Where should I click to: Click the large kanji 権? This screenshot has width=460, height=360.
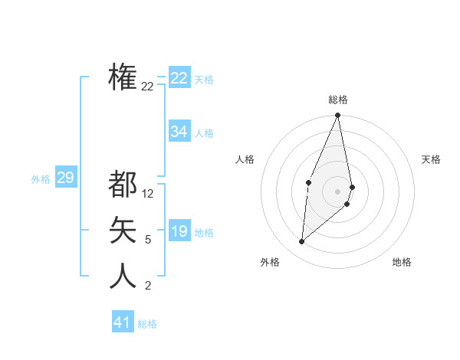tap(123, 77)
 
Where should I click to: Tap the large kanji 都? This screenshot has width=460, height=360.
tap(123, 184)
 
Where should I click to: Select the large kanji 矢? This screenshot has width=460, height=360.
tap(123, 230)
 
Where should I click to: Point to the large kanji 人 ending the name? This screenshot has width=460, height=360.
tap(123, 276)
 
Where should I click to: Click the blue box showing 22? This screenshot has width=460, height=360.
tap(179, 78)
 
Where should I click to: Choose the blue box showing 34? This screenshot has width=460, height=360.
tap(179, 132)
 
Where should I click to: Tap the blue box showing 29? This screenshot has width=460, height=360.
tap(65, 178)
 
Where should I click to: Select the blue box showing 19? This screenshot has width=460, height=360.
tap(179, 231)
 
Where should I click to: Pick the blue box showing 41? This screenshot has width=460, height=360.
tap(123, 322)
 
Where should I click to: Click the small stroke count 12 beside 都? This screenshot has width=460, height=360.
tap(148, 194)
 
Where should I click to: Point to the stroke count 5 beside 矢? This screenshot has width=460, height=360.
tap(148, 240)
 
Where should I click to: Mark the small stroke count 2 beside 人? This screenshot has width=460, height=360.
tap(148, 286)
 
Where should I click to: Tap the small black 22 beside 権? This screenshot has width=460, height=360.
tap(148, 87)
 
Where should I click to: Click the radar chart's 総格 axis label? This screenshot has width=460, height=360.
tap(338, 100)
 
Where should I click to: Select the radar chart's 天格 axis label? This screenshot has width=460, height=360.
tap(432, 159)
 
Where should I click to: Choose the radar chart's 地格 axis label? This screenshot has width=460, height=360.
tap(402, 262)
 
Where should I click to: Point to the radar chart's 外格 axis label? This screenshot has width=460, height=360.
tap(270, 262)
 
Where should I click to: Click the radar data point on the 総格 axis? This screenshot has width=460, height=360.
tap(338, 116)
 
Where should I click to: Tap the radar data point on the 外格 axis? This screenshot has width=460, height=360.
tap(302, 241)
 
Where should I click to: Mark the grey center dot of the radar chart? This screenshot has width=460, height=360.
tap(338, 191)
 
